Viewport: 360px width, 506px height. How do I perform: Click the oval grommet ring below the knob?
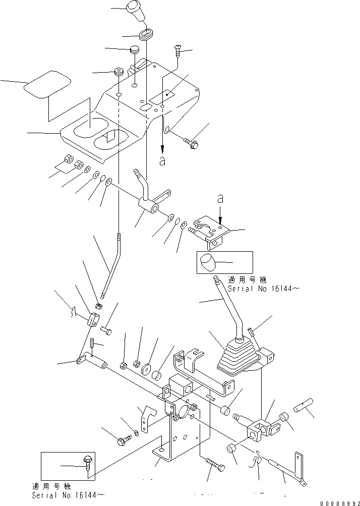pyautogui.click(x=147, y=34)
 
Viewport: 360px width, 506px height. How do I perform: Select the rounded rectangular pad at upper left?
pyautogui.click(x=48, y=84)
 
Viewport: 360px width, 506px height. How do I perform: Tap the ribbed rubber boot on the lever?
pyautogui.click(x=238, y=358)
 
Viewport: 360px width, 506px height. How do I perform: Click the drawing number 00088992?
pyautogui.click(x=340, y=503)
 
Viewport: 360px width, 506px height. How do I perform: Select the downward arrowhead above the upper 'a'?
pyautogui.click(x=163, y=149)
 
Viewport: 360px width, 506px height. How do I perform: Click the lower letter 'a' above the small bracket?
pyautogui.click(x=220, y=199)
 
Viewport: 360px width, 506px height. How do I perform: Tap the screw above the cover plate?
pyautogui.click(x=177, y=50)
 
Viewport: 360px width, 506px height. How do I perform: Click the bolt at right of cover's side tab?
pyautogui.click(x=192, y=143)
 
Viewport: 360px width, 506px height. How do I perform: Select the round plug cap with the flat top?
pyautogui.click(x=135, y=50)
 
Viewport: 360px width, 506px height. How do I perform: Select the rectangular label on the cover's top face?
pyautogui.click(x=162, y=98)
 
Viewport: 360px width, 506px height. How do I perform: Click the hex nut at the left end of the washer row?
pyautogui.click(x=68, y=159)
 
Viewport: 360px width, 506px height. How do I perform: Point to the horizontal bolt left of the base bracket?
pyautogui.click(x=125, y=440)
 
